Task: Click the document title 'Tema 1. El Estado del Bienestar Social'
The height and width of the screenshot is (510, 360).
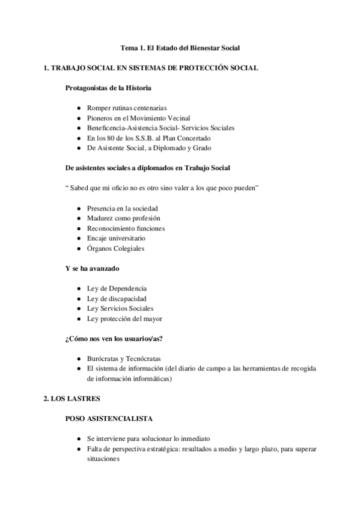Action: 180,48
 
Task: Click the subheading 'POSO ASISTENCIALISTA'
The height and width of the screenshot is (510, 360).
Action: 109,418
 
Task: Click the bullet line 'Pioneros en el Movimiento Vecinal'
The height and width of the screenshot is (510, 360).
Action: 138,118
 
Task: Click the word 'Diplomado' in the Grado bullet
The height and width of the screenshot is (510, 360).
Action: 169,148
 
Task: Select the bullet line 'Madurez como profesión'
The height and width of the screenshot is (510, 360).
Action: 123,218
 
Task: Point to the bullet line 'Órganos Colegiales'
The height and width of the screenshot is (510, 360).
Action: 115,248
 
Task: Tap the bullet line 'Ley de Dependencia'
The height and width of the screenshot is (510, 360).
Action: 117,288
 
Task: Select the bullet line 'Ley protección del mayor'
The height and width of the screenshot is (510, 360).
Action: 124,318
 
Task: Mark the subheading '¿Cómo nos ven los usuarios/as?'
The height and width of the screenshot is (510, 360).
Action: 114,338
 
